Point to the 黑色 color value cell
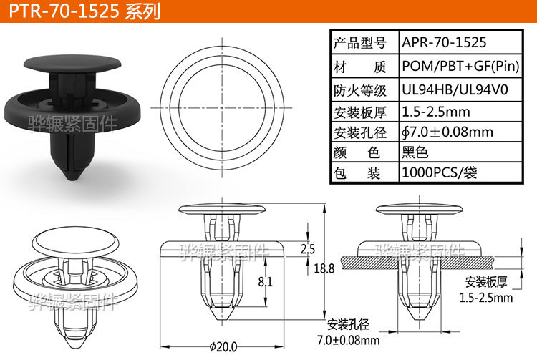pos(415,152)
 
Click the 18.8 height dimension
pos(324,269)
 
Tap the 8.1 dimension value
pos(264,282)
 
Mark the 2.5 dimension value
pos(307,250)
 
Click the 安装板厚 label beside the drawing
pos(485,281)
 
